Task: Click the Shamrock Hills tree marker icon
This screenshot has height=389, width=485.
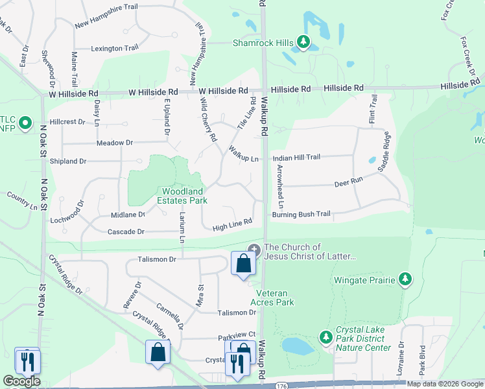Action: (303, 43)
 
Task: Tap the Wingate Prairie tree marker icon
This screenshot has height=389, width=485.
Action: (405, 279)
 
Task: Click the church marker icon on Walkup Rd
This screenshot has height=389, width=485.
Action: (254, 249)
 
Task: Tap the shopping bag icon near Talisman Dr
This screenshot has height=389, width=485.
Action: (242, 264)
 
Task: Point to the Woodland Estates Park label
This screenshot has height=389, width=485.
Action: (184, 196)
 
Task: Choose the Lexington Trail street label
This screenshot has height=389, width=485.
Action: (115, 48)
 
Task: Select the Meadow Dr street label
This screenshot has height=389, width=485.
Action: (114, 142)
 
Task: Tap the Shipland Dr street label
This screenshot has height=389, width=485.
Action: (68, 161)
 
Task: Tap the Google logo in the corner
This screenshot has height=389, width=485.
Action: (21, 381)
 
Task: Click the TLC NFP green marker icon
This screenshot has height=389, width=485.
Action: (25, 122)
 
